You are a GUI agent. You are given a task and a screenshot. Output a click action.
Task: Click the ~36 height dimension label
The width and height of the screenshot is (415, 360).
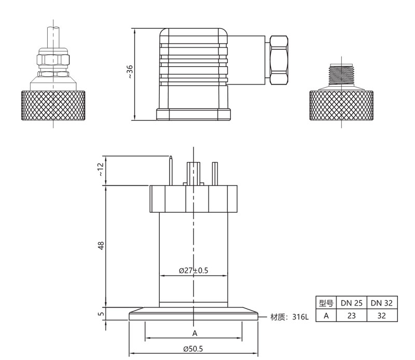[130, 72]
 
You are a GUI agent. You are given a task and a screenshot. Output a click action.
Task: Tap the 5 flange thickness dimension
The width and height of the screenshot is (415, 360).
[101, 313]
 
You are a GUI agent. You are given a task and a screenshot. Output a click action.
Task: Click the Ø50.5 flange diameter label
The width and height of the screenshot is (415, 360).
[192, 349]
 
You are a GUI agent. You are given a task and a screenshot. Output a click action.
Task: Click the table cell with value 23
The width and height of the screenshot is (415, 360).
[351, 315]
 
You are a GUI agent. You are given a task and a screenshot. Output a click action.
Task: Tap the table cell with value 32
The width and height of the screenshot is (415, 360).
[382, 315]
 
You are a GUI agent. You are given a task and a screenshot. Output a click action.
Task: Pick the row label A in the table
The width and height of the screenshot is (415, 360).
[325, 315]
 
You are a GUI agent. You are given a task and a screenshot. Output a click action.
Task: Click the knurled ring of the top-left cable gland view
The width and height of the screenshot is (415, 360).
[53, 105]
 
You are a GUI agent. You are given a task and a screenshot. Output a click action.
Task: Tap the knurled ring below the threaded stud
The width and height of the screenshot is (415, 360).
[342, 105]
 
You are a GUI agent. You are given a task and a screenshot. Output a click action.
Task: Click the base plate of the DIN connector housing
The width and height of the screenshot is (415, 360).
[193, 115]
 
